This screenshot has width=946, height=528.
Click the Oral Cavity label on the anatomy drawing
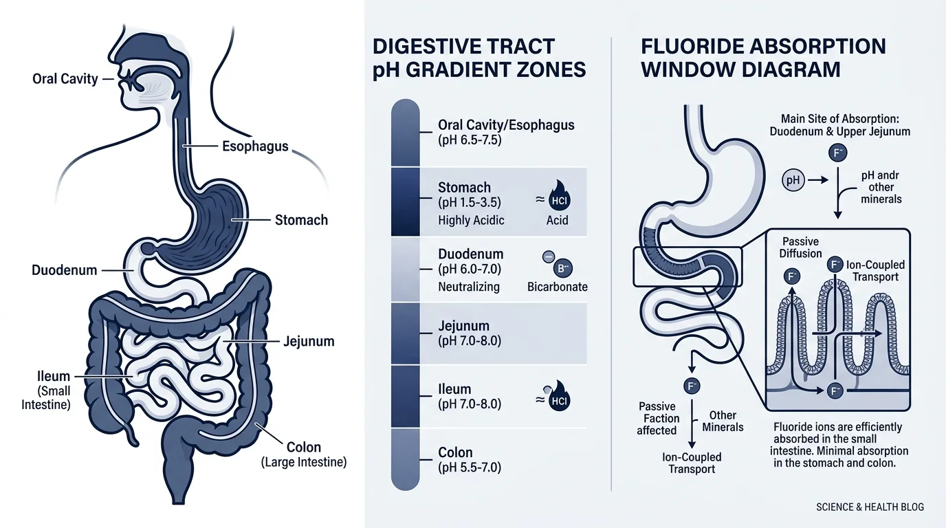[x=65, y=79]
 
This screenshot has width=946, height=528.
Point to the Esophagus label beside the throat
[x=255, y=146]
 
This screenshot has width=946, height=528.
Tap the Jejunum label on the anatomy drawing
[x=309, y=341]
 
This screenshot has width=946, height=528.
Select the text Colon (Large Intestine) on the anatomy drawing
[x=304, y=454]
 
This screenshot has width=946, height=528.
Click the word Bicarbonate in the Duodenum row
[x=557, y=287]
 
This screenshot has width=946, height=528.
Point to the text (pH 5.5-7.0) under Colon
[x=469, y=468]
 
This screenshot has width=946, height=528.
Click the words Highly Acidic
[x=471, y=221]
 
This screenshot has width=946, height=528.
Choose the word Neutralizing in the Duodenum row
[x=469, y=287]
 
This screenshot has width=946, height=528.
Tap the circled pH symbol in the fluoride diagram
[x=793, y=181]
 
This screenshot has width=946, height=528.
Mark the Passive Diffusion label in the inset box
[x=800, y=247]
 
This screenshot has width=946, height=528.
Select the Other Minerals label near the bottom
[x=723, y=421]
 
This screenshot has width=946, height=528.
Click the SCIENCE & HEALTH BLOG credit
[x=870, y=507]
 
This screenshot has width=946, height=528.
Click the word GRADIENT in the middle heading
[x=472, y=70]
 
